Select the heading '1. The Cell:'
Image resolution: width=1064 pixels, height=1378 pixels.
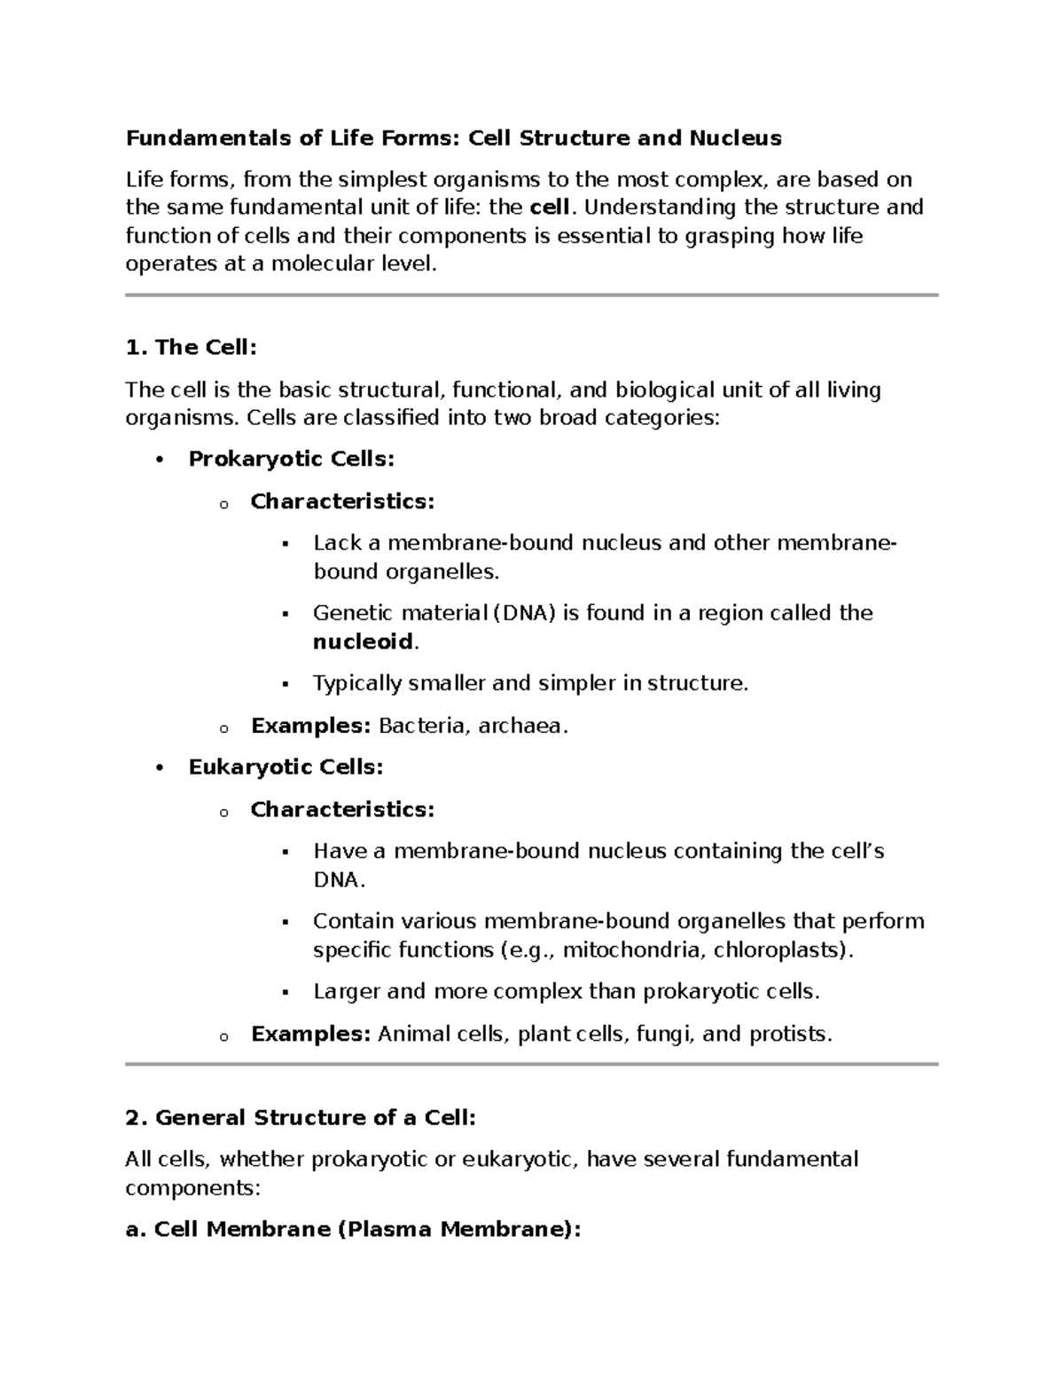pyautogui.click(x=192, y=348)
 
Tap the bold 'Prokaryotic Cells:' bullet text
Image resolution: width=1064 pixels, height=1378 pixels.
pyautogui.click(x=291, y=460)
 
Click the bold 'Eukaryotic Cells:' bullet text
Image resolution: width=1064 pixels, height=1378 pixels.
pyautogui.click(x=286, y=768)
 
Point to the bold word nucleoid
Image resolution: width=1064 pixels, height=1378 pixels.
pyautogui.click(x=364, y=642)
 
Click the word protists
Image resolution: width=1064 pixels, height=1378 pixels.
pyautogui.click(x=788, y=1034)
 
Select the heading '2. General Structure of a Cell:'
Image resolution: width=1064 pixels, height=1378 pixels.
pyautogui.click(x=301, y=1118)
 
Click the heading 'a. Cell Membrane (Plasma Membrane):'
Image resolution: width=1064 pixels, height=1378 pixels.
pyautogui.click(x=354, y=1230)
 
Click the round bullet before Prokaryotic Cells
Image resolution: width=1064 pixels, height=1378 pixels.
pyautogui.click(x=160, y=460)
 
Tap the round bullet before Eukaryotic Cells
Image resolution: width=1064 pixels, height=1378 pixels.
pyautogui.click(x=160, y=768)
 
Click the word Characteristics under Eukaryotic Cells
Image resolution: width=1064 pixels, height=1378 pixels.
pyautogui.click(x=340, y=809)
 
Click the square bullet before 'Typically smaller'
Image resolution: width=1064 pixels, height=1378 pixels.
pyautogui.click(x=286, y=684)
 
